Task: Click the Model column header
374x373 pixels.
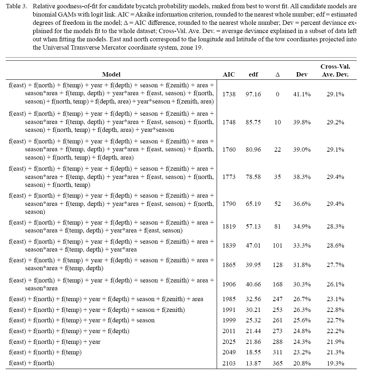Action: point(111,74)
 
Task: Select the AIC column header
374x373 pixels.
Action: point(229,74)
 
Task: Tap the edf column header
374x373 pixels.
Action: point(253,74)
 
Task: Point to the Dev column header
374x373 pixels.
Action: point(302,74)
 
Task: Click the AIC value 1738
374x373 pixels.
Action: point(229,94)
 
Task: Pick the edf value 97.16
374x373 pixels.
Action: point(253,94)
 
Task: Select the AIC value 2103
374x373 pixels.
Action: point(229,363)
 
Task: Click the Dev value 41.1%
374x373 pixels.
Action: point(302,94)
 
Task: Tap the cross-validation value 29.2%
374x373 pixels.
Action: point(335,122)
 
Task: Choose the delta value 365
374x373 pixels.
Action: point(278,363)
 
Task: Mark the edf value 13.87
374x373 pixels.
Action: point(253,363)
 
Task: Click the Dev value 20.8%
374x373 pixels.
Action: point(302,363)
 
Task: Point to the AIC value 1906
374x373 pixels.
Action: point(229,284)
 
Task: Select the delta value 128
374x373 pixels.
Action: point(278,265)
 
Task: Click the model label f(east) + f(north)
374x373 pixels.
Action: point(31,363)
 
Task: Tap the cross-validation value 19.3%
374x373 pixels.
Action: point(335,363)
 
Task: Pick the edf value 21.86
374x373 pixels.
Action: point(253,342)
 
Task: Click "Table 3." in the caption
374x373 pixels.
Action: point(17,7)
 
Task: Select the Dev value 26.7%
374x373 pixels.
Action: point(302,299)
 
